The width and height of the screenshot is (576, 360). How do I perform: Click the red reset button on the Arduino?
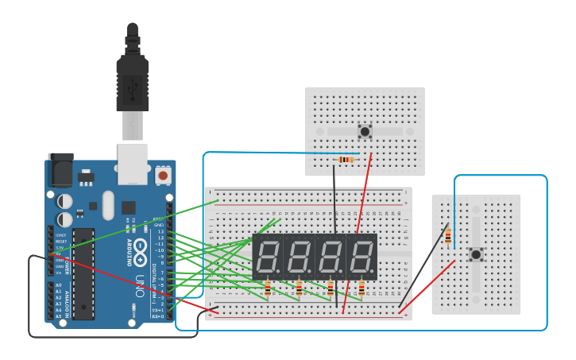coord(163,175)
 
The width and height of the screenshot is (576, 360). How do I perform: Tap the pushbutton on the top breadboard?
coord(365,131)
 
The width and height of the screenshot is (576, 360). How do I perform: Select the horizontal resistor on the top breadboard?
coord(346,160)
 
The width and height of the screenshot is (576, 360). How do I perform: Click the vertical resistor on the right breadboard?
coord(448,236)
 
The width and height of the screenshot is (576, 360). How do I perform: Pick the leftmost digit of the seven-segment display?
coord(268,256)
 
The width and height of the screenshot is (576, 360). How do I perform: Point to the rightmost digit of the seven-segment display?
coord(361,256)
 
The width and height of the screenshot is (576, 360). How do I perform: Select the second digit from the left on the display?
coord(300,256)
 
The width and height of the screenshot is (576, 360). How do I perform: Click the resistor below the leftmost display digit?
coord(268,288)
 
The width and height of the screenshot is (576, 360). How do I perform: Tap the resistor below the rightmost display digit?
coord(361,288)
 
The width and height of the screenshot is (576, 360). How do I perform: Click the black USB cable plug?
coord(132,79)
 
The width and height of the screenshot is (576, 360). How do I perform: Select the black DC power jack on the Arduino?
coord(60,170)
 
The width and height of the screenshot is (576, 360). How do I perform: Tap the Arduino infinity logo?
coord(140,246)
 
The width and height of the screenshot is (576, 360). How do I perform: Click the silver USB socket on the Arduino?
coord(133,159)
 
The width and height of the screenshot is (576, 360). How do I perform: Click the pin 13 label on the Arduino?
coord(160,231)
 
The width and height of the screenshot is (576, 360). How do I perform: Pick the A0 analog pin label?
coord(58,285)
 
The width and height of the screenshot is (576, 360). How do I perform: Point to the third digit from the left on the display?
coord(331,256)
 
